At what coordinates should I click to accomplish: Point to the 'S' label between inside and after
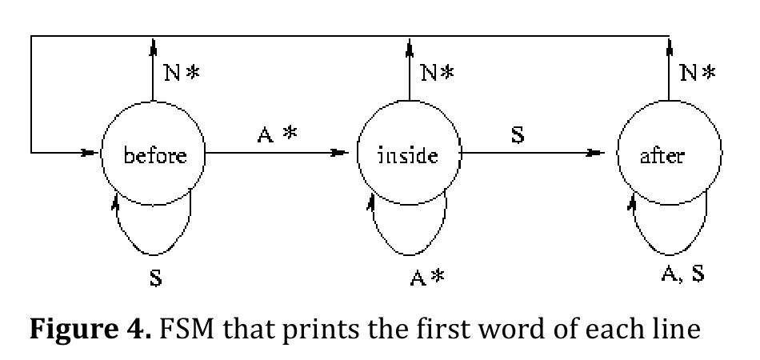pos(518,135)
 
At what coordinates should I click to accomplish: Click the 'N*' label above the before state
pos(182,73)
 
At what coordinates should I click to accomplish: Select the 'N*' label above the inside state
pos(438,73)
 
